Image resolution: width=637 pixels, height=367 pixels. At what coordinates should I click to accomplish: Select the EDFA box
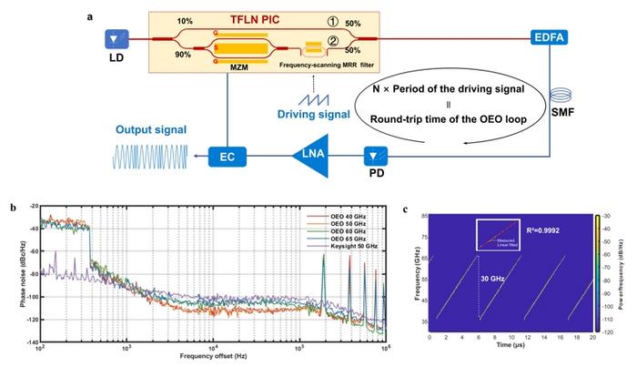pyautogui.click(x=549, y=39)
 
